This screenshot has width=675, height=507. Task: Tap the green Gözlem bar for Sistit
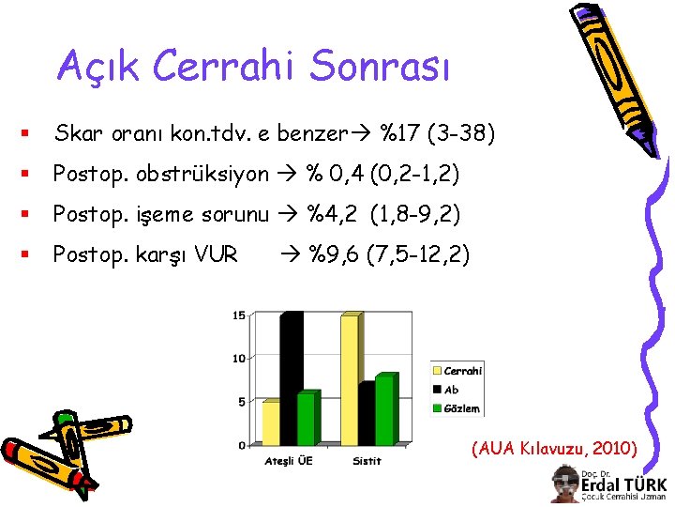click(x=383, y=409)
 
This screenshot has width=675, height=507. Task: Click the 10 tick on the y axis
click(x=239, y=359)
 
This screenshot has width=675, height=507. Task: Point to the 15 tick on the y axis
click(x=239, y=315)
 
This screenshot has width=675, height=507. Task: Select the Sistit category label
click(x=367, y=461)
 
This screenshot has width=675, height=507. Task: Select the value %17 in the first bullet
click(x=399, y=134)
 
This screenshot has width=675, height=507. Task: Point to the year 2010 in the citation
click(x=613, y=448)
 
